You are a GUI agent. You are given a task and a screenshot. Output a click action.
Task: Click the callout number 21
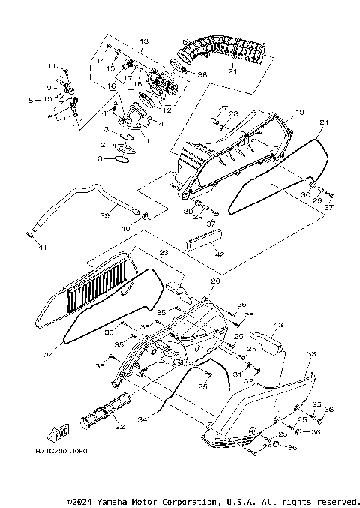pyautogui.click(x=232, y=71)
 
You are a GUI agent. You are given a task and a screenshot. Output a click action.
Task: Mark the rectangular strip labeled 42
pyautogui.click(x=203, y=242)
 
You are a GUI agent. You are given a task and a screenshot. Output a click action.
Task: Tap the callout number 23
pyautogui.click(x=161, y=254)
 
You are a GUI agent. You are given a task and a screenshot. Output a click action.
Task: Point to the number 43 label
pyautogui.click(x=277, y=325)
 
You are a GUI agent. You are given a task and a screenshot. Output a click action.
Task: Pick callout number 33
pyautogui.click(x=311, y=353)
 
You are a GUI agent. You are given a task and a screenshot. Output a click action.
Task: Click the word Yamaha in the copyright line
pyautogui.click(x=111, y=501)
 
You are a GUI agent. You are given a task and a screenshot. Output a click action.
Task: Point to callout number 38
pyautogui.click(x=202, y=74)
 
